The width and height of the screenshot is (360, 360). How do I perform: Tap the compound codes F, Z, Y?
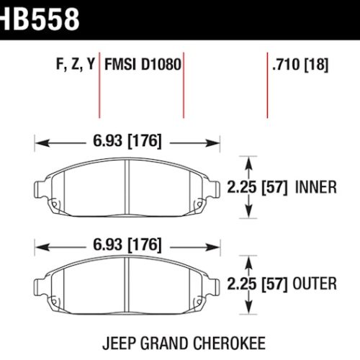coord(75,65)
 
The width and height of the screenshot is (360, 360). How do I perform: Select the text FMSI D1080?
coord(143,65)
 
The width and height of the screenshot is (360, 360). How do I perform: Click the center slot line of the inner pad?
coord(127,186)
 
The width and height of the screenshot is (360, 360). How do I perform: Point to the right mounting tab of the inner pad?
coord(214,188)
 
